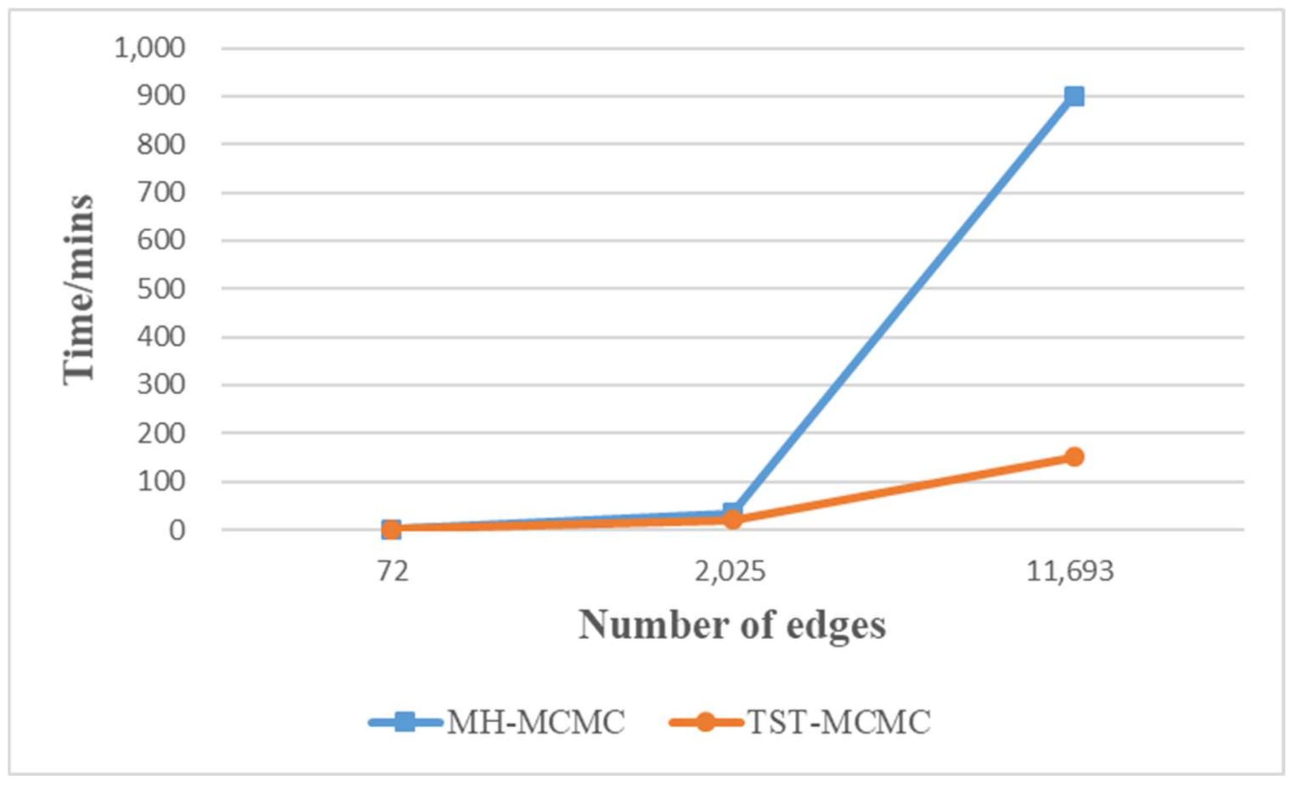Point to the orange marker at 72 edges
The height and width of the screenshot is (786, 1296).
391,529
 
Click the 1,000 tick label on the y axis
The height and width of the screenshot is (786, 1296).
150,48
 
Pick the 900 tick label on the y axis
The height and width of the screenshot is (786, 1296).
161,96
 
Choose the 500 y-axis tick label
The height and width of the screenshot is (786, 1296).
161,289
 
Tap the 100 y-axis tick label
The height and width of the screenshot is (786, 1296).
161,482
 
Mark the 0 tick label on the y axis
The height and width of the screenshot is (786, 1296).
177,530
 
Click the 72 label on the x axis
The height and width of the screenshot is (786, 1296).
392,571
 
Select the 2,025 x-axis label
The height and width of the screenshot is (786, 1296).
730,571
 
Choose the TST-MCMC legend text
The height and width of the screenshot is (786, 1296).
838,722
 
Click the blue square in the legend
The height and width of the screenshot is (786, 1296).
404,722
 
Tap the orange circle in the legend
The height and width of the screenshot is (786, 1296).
706,722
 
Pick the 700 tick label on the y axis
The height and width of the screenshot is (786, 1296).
161,193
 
